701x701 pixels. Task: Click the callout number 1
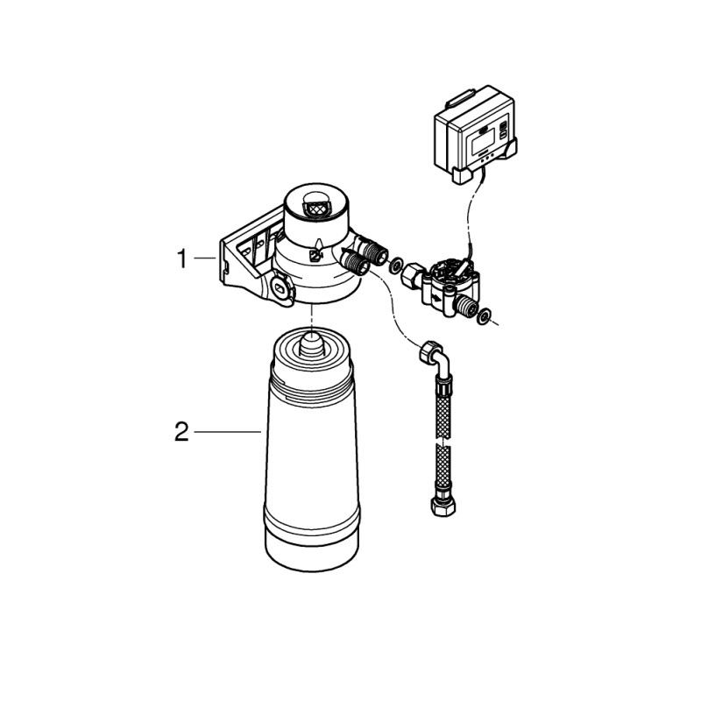click(182, 259)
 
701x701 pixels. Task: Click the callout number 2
click(181, 432)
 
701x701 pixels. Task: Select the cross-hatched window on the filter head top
click(315, 209)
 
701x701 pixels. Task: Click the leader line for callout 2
click(228, 432)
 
